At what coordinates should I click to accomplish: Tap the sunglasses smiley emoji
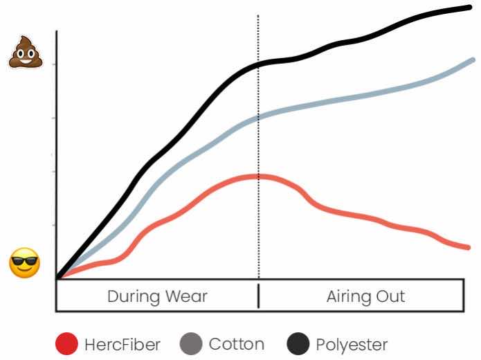[x=24, y=263]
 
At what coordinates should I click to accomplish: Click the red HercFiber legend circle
[x=67, y=343]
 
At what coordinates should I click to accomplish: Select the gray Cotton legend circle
[x=191, y=343]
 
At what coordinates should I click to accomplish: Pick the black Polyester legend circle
[x=298, y=343]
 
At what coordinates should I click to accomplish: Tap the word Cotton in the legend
[x=236, y=343]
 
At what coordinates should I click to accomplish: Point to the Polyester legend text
[x=352, y=343]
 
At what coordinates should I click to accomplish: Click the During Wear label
[x=157, y=297]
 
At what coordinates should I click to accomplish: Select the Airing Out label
[x=365, y=297]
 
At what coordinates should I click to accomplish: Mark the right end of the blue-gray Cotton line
[x=473, y=60]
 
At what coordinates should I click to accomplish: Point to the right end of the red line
[x=470, y=246]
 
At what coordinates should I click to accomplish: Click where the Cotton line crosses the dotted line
[x=259, y=117]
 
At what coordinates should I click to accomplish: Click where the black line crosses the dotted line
[x=259, y=64]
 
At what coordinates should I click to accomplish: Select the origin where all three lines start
[x=58, y=278]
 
